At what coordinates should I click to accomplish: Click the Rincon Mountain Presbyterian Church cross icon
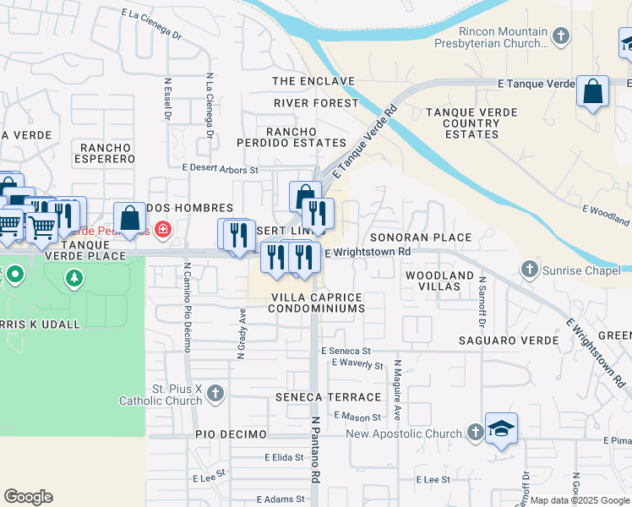(x=562, y=35)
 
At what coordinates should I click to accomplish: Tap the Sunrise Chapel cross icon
(x=530, y=269)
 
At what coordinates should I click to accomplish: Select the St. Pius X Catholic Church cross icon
(x=215, y=393)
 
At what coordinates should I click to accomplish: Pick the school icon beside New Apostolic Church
(x=501, y=429)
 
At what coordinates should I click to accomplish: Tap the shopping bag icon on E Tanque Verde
(x=592, y=90)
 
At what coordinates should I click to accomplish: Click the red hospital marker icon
(x=161, y=229)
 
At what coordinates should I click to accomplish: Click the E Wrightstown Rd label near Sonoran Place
(x=368, y=251)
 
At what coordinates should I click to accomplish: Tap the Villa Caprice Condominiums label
(x=316, y=303)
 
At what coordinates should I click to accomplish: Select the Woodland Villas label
(x=439, y=281)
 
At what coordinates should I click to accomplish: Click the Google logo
(x=29, y=497)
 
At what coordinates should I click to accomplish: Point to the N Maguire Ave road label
(x=396, y=390)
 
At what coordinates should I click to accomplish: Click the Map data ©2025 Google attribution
(x=580, y=500)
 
